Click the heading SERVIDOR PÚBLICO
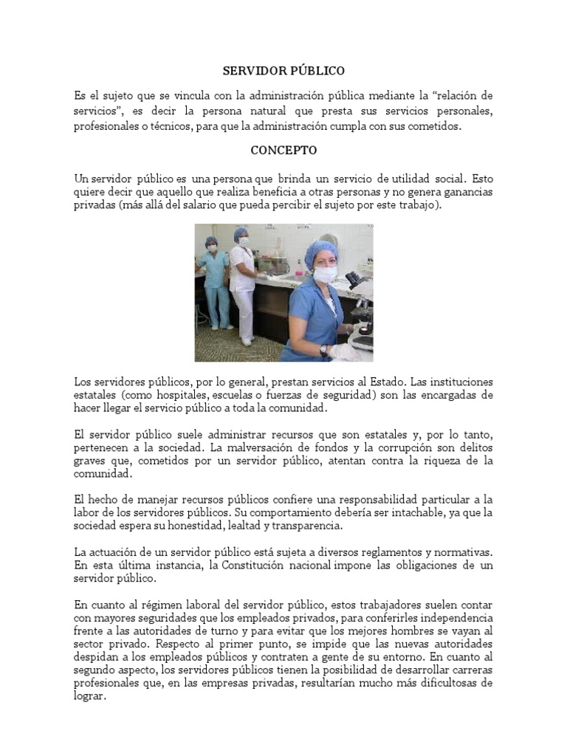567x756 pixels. pos(283,71)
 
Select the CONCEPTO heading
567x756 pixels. pos(283,150)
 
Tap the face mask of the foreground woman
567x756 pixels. pos(325,275)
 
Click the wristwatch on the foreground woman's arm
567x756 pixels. pos(323,348)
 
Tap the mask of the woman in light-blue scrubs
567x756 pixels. pos(212,249)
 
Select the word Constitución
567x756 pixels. pos(235,566)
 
